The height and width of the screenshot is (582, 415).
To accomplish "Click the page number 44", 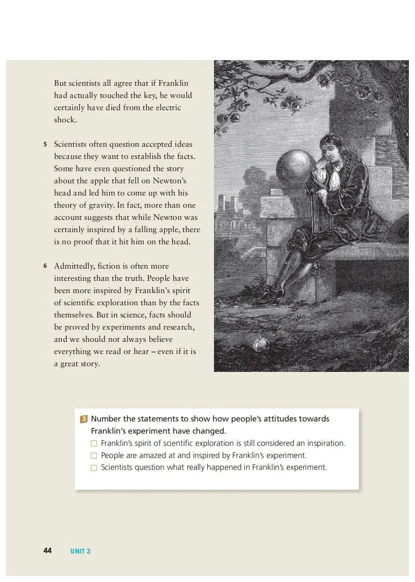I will click(x=47, y=550).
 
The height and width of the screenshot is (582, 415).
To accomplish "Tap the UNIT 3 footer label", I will click(x=80, y=551).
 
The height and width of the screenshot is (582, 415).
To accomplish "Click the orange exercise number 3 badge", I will click(x=84, y=419).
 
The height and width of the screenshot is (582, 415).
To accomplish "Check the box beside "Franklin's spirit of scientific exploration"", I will click(x=94, y=443).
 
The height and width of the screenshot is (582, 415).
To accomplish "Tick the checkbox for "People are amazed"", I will click(x=94, y=456).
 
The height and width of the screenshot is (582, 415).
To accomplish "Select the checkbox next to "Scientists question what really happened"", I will click(x=94, y=468).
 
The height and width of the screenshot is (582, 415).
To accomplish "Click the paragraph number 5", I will click(x=45, y=144).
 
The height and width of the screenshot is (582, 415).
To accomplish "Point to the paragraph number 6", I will click(x=45, y=266).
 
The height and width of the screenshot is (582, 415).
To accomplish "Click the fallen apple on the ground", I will click(x=261, y=345).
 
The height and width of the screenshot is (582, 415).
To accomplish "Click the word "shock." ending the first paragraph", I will click(x=65, y=120).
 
